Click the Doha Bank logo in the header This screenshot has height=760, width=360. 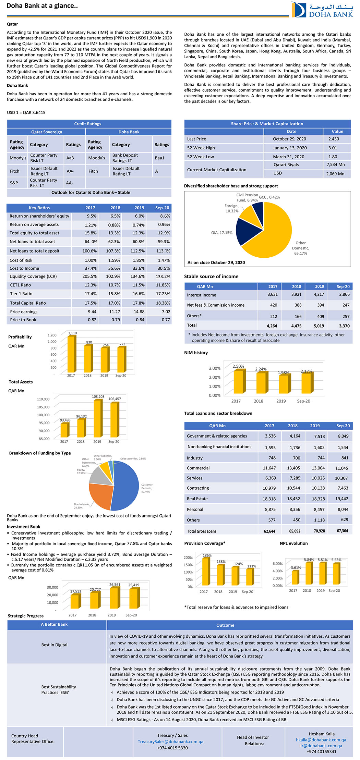[x=322, y=10]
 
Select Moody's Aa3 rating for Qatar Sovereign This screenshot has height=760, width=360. [x=70, y=158]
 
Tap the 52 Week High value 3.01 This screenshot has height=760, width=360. [x=333, y=148]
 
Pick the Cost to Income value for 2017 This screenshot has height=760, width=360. [x=91, y=269]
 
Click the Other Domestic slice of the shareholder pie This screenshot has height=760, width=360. [x=274, y=233]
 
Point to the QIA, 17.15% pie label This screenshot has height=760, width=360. [x=221, y=233]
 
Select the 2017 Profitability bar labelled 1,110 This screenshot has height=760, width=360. [x=71, y=354]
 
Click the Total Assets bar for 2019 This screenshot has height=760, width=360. [x=98, y=418]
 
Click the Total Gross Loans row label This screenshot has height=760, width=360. [x=202, y=531]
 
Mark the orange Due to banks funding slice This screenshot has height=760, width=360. [x=99, y=496]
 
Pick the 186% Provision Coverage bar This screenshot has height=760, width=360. [x=205, y=572]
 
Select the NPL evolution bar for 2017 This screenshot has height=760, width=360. [x=295, y=577]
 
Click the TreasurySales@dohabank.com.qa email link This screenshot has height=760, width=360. [x=170, y=741]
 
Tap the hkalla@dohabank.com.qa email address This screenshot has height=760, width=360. [x=321, y=740]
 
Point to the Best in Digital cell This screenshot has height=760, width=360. [x=54, y=645]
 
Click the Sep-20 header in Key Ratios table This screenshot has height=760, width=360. [x=162, y=208]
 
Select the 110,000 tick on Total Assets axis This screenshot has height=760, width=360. [x=43, y=399]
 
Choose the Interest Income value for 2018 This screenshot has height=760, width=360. [x=296, y=294]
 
